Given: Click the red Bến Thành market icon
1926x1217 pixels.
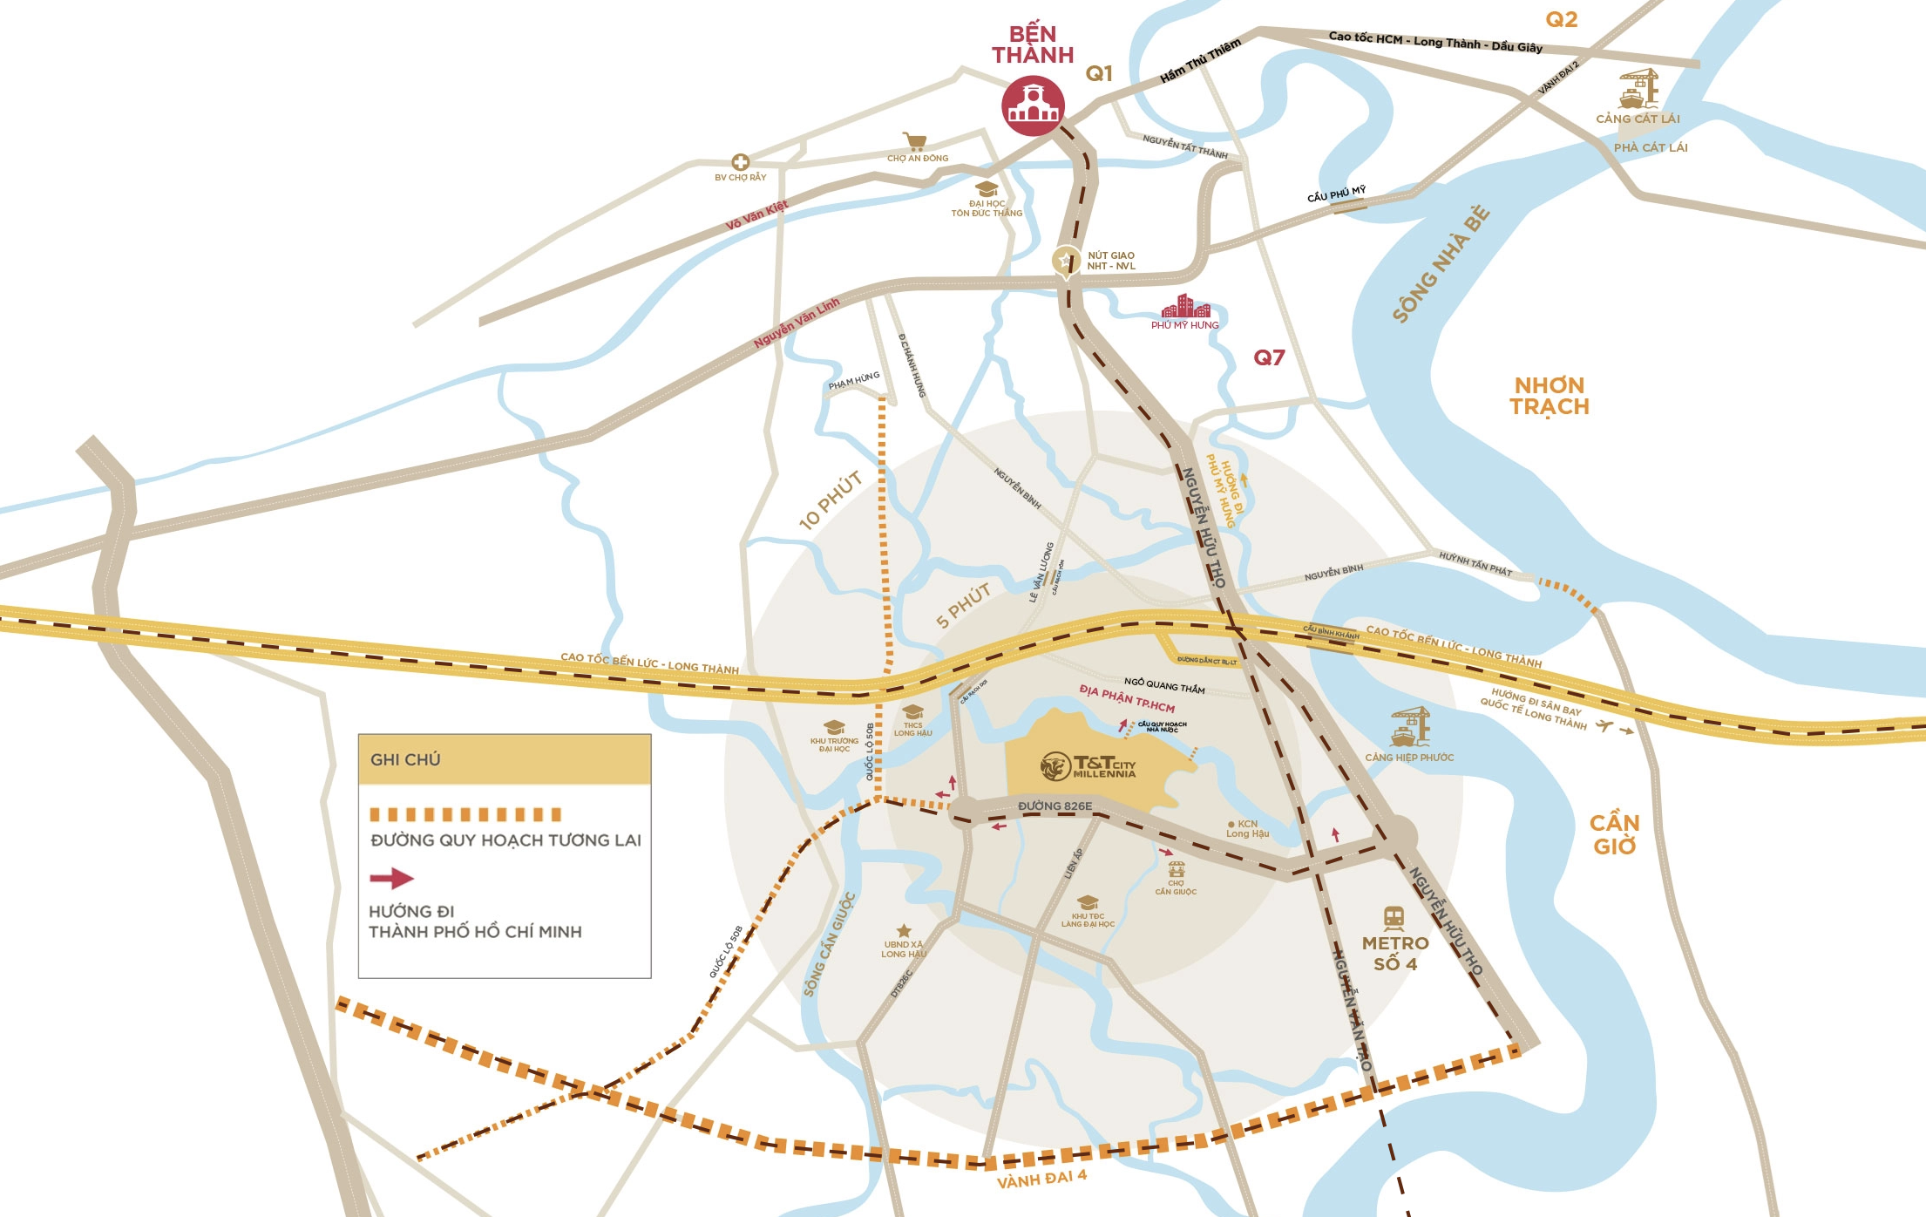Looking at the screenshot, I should coord(1033,105).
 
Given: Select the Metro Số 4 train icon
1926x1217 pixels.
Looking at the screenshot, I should coord(1394,918).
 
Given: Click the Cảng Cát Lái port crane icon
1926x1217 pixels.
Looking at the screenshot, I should coord(1638,88).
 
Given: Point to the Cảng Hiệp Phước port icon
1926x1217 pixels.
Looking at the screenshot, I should coord(1410,727).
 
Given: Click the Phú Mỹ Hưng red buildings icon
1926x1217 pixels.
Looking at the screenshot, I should coord(1185,307).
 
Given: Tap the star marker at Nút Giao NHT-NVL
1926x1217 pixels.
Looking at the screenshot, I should coord(1065,261).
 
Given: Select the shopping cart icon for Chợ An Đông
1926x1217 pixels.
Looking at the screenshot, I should coord(914,142).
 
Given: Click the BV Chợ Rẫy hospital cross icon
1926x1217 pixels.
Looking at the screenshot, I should coord(740,162).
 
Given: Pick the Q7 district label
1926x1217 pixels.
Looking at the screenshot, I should coord(1269,357).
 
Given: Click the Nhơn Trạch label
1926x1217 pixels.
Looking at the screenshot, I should coord(1550,396).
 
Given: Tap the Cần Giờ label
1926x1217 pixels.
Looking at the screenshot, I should coord(1614,834).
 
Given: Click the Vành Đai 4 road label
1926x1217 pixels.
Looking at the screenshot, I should coord(1041,1179).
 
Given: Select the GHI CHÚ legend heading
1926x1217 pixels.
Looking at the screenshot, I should coord(405,759).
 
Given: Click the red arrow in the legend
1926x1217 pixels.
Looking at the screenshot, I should coord(391,878).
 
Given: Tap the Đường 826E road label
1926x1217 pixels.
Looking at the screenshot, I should coord(1055,806).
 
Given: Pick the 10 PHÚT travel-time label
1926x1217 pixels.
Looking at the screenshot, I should coord(831,500).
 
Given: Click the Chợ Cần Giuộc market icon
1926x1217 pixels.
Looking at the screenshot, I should coord(1177,870).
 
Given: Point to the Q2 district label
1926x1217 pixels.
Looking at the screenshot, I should coord(1561,19).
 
